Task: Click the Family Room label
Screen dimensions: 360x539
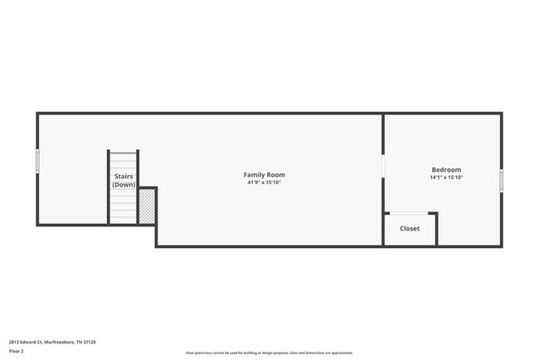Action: tap(265, 175)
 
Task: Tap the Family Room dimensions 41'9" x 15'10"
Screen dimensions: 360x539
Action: tap(265, 182)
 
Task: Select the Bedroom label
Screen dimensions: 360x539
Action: tap(446, 170)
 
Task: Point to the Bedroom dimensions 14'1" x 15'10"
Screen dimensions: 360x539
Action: tap(446, 178)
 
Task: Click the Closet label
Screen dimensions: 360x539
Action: tap(410, 228)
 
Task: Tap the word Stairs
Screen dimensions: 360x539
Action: tap(124, 177)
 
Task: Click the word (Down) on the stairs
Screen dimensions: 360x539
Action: tap(124, 184)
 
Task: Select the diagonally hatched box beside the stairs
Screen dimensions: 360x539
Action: tap(147, 207)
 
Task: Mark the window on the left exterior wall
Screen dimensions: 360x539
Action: tap(37, 161)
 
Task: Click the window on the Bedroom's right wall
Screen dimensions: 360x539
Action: tap(501, 180)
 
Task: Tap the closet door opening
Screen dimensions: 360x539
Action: tap(410, 214)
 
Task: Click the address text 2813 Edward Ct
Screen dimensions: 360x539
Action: tap(26, 342)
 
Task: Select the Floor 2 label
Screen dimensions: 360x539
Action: tap(17, 351)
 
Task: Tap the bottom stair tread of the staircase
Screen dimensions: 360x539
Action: tap(124, 221)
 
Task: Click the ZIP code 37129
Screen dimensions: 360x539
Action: tap(90, 342)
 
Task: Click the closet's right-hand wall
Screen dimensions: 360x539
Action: tap(437, 229)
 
